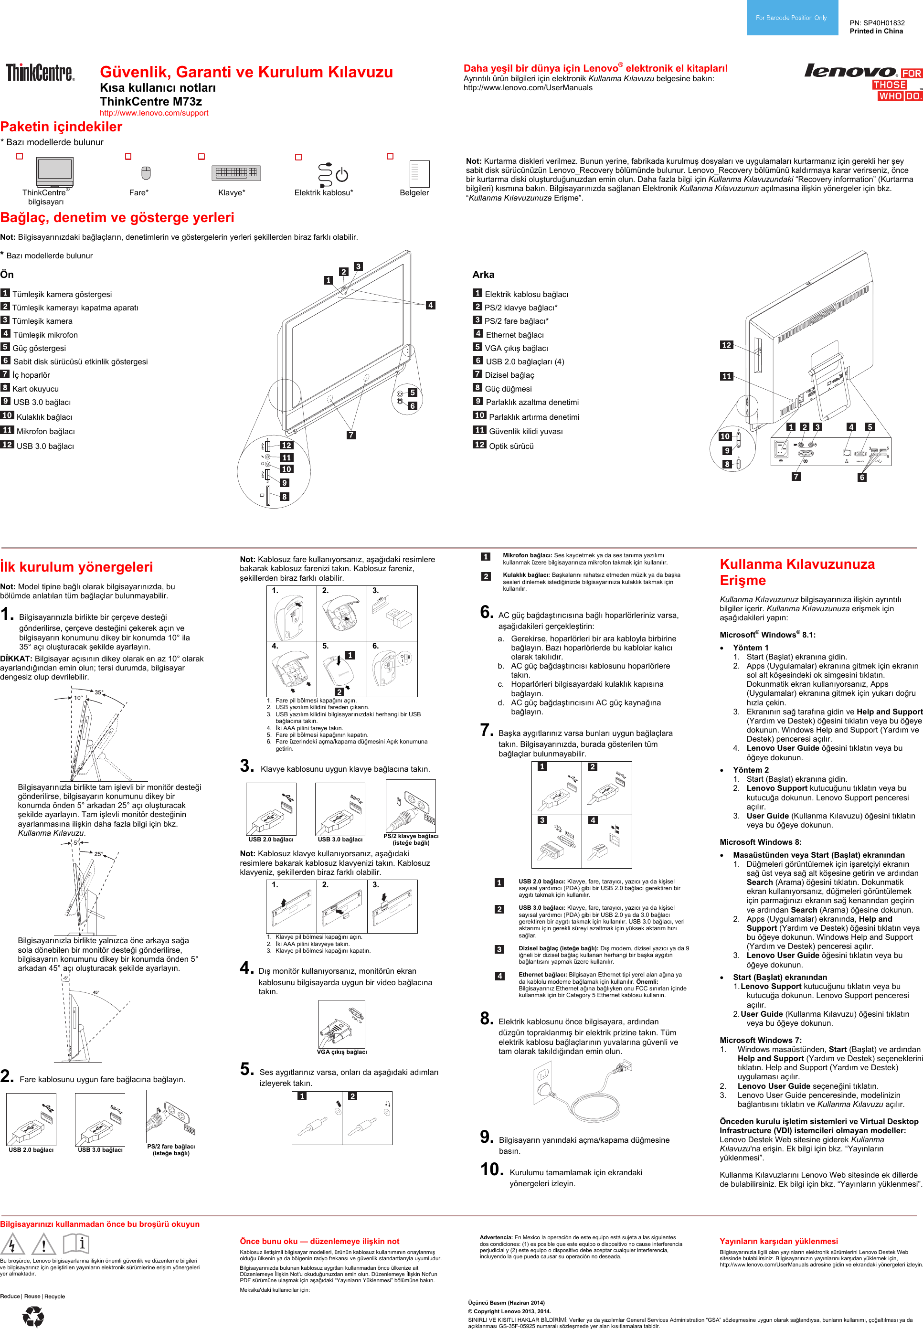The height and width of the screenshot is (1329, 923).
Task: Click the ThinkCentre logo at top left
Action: pyautogui.click(x=40, y=73)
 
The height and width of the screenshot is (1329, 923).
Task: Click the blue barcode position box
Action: pyautogui.click(x=792, y=18)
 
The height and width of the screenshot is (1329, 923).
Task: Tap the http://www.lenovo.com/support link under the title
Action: pyautogui.click(x=154, y=113)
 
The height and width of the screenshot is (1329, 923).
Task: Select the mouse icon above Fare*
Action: pyautogui.click(x=146, y=173)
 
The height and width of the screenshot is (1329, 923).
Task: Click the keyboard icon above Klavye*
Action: pyautogui.click(x=236, y=172)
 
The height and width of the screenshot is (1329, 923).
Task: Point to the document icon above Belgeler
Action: pyautogui.click(x=419, y=173)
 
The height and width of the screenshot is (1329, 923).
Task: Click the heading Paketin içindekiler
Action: pyautogui.click(x=61, y=127)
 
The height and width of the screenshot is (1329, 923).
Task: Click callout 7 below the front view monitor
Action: pyautogui.click(x=351, y=435)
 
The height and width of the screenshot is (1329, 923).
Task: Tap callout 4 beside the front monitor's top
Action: pyautogui.click(x=430, y=305)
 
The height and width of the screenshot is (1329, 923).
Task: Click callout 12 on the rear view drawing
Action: pyautogui.click(x=726, y=345)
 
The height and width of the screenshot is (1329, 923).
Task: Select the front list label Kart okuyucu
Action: pyautogui.click(x=35, y=389)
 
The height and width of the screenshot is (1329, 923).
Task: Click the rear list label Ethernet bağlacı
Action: pyautogui.click(x=515, y=335)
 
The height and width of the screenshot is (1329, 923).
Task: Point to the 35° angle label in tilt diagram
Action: pyautogui.click(x=99, y=692)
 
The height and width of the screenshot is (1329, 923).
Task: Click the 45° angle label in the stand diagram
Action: pyautogui.click(x=96, y=992)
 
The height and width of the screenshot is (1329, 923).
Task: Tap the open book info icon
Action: pyautogui.click(x=76, y=1243)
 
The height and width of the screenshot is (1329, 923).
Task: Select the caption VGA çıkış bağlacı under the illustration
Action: pyautogui.click(x=342, y=1052)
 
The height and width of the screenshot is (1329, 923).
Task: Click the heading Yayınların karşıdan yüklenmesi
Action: pyautogui.click(x=778, y=1241)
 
